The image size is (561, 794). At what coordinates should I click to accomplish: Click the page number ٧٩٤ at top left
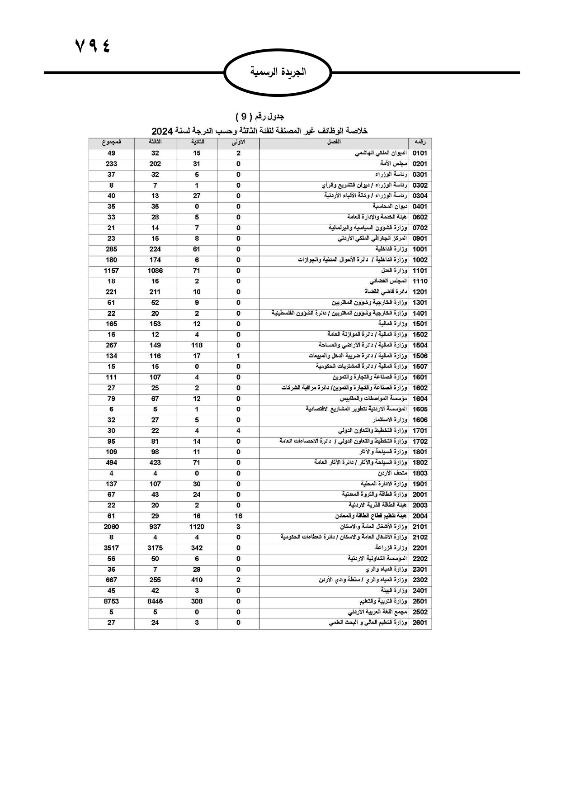[x=93, y=47]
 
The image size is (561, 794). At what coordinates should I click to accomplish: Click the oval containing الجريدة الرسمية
[x=278, y=72]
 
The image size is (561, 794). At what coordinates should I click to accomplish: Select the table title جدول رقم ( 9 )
[x=259, y=117]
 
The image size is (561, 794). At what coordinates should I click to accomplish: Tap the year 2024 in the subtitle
[x=162, y=131]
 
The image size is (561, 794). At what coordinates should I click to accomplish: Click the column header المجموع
[x=111, y=142]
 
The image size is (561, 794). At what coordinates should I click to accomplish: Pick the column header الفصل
[x=334, y=142]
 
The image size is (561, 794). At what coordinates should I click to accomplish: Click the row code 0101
[x=420, y=153]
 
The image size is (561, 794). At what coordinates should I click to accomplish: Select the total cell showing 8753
[x=111, y=601]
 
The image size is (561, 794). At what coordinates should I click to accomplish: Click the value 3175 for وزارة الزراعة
[x=155, y=548]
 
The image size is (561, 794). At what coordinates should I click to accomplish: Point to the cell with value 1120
[x=197, y=527]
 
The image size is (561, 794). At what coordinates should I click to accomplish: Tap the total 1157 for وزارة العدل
[x=111, y=271]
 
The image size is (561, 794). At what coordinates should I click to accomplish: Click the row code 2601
[x=420, y=623]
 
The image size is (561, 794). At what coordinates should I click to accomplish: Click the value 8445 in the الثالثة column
[x=155, y=601]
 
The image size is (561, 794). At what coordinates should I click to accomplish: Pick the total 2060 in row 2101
[x=111, y=527]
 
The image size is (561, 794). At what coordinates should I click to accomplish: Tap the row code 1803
[x=420, y=473]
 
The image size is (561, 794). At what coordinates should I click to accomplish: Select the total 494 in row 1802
[x=111, y=462]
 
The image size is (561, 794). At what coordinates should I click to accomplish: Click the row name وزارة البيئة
[x=394, y=590]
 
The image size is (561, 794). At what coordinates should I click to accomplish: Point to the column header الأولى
[x=238, y=142]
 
